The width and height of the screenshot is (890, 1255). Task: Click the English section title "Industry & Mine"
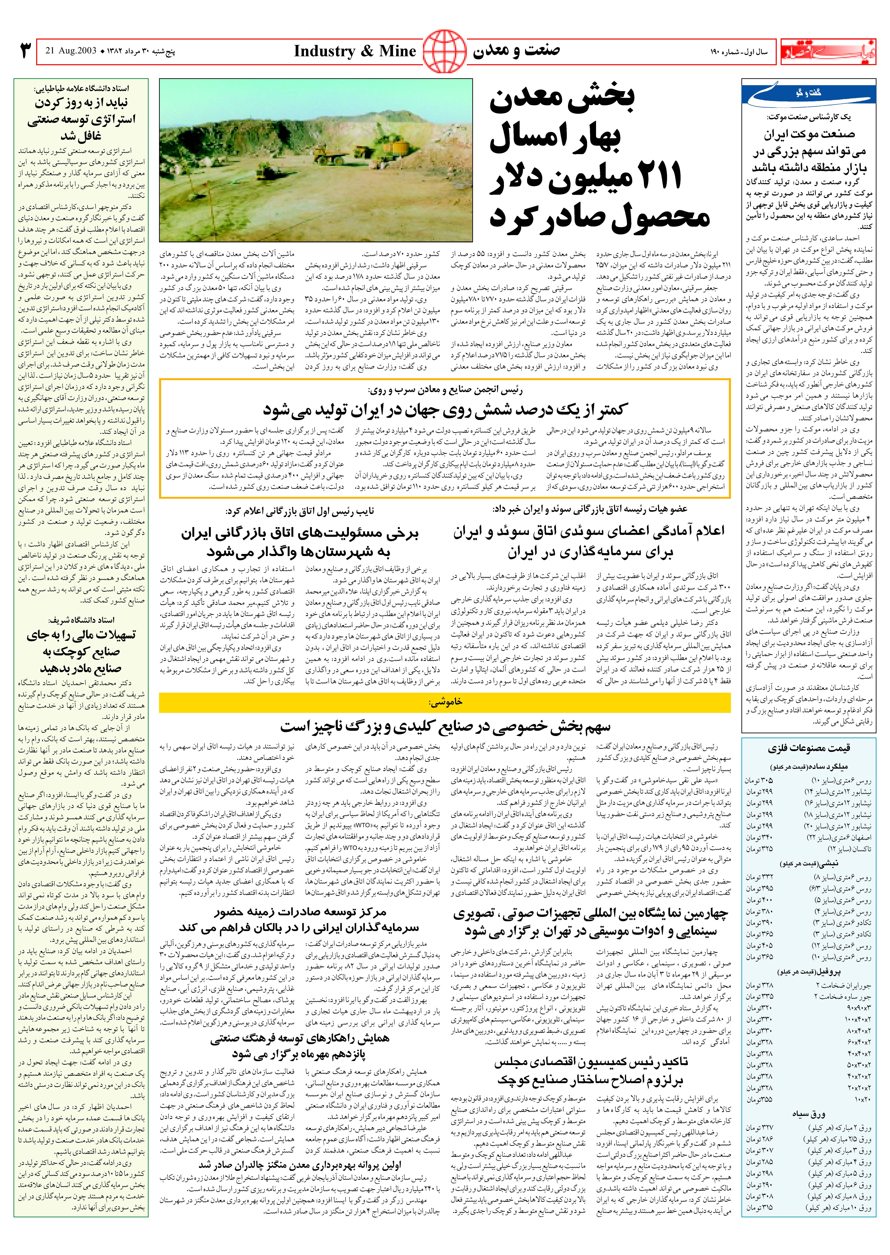(x=355, y=52)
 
